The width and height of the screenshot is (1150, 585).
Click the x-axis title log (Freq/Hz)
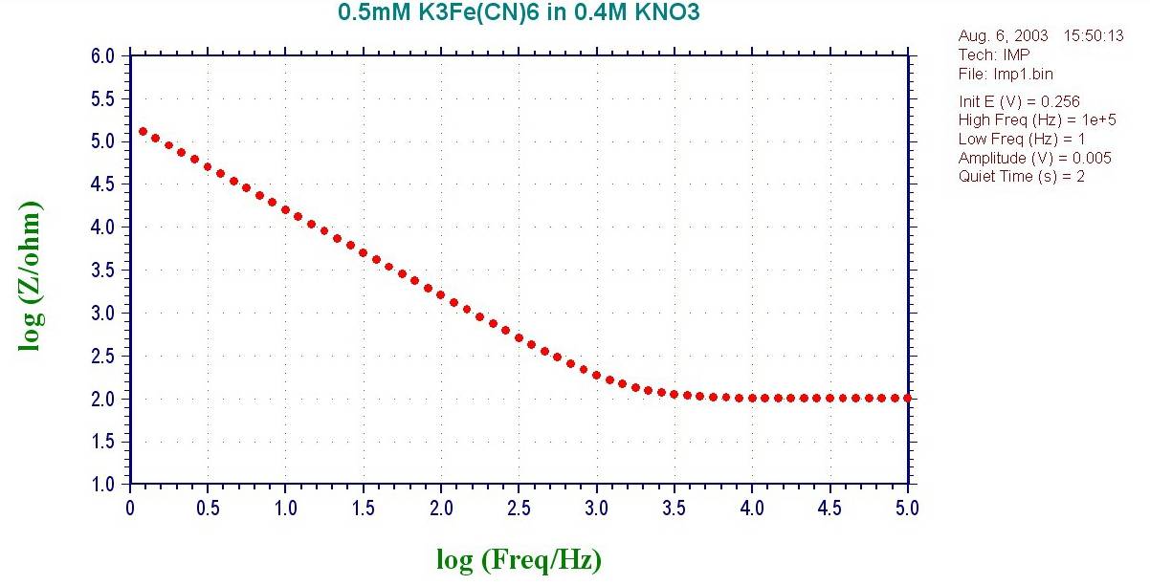519,558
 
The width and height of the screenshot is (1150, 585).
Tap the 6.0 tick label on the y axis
102,56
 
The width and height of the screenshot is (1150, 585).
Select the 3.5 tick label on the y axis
102,271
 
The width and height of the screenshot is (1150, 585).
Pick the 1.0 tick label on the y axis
102,485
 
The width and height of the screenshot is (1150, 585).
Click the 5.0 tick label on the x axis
907,507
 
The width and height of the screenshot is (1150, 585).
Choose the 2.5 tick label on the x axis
519,507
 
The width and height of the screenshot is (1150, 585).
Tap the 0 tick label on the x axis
130,507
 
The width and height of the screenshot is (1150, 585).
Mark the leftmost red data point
143,132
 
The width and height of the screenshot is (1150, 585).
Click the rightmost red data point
907,398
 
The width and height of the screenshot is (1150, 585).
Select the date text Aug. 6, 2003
997,36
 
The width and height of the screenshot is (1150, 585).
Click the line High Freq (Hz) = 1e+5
1025,120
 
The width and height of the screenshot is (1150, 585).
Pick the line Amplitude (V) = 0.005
1022,158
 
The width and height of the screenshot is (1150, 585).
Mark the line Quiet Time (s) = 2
1021,176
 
